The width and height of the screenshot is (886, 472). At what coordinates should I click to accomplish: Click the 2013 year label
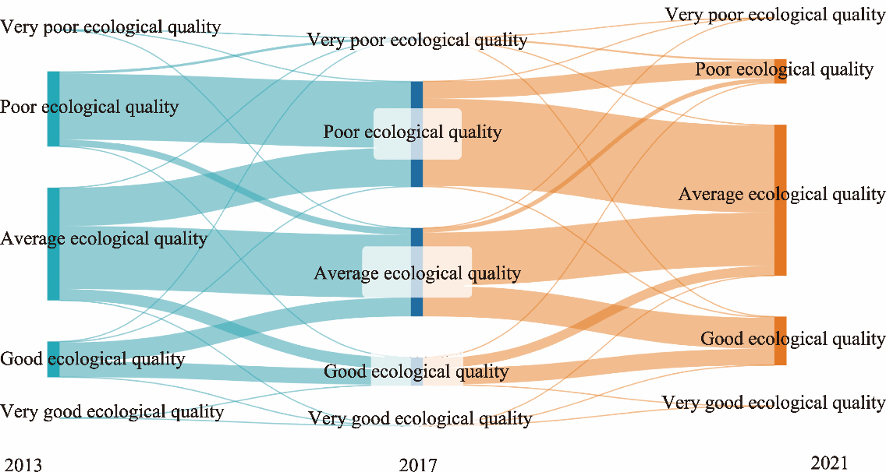(x=20, y=465)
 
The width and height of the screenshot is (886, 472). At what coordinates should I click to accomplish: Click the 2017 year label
(x=418, y=465)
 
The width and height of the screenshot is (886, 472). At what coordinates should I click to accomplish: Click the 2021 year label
(x=829, y=463)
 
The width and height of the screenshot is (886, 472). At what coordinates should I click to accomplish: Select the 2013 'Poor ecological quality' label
(x=89, y=107)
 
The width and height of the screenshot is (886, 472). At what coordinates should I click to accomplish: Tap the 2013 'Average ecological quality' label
(x=104, y=238)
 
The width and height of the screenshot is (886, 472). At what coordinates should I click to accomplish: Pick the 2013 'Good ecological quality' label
(x=93, y=359)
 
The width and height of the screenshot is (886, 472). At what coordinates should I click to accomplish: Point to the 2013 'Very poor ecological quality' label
(x=111, y=27)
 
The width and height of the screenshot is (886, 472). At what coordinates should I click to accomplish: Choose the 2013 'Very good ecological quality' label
(x=112, y=411)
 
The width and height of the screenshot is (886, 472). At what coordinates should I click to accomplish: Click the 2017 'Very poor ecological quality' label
(x=417, y=40)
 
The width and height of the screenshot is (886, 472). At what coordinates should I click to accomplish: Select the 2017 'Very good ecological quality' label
(x=420, y=419)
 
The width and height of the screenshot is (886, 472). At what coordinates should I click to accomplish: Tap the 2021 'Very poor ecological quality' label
(x=774, y=14)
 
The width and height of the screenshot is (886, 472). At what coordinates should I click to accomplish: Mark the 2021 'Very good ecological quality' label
(x=774, y=403)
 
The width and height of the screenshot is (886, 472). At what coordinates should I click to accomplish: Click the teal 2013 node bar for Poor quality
(x=53, y=109)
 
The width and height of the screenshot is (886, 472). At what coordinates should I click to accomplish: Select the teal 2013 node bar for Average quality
(x=53, y=244)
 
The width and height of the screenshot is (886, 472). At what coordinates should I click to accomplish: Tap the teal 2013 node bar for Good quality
(x=53, y=359)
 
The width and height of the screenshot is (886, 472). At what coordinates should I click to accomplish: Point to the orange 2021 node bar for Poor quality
(x=780, y=71)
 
